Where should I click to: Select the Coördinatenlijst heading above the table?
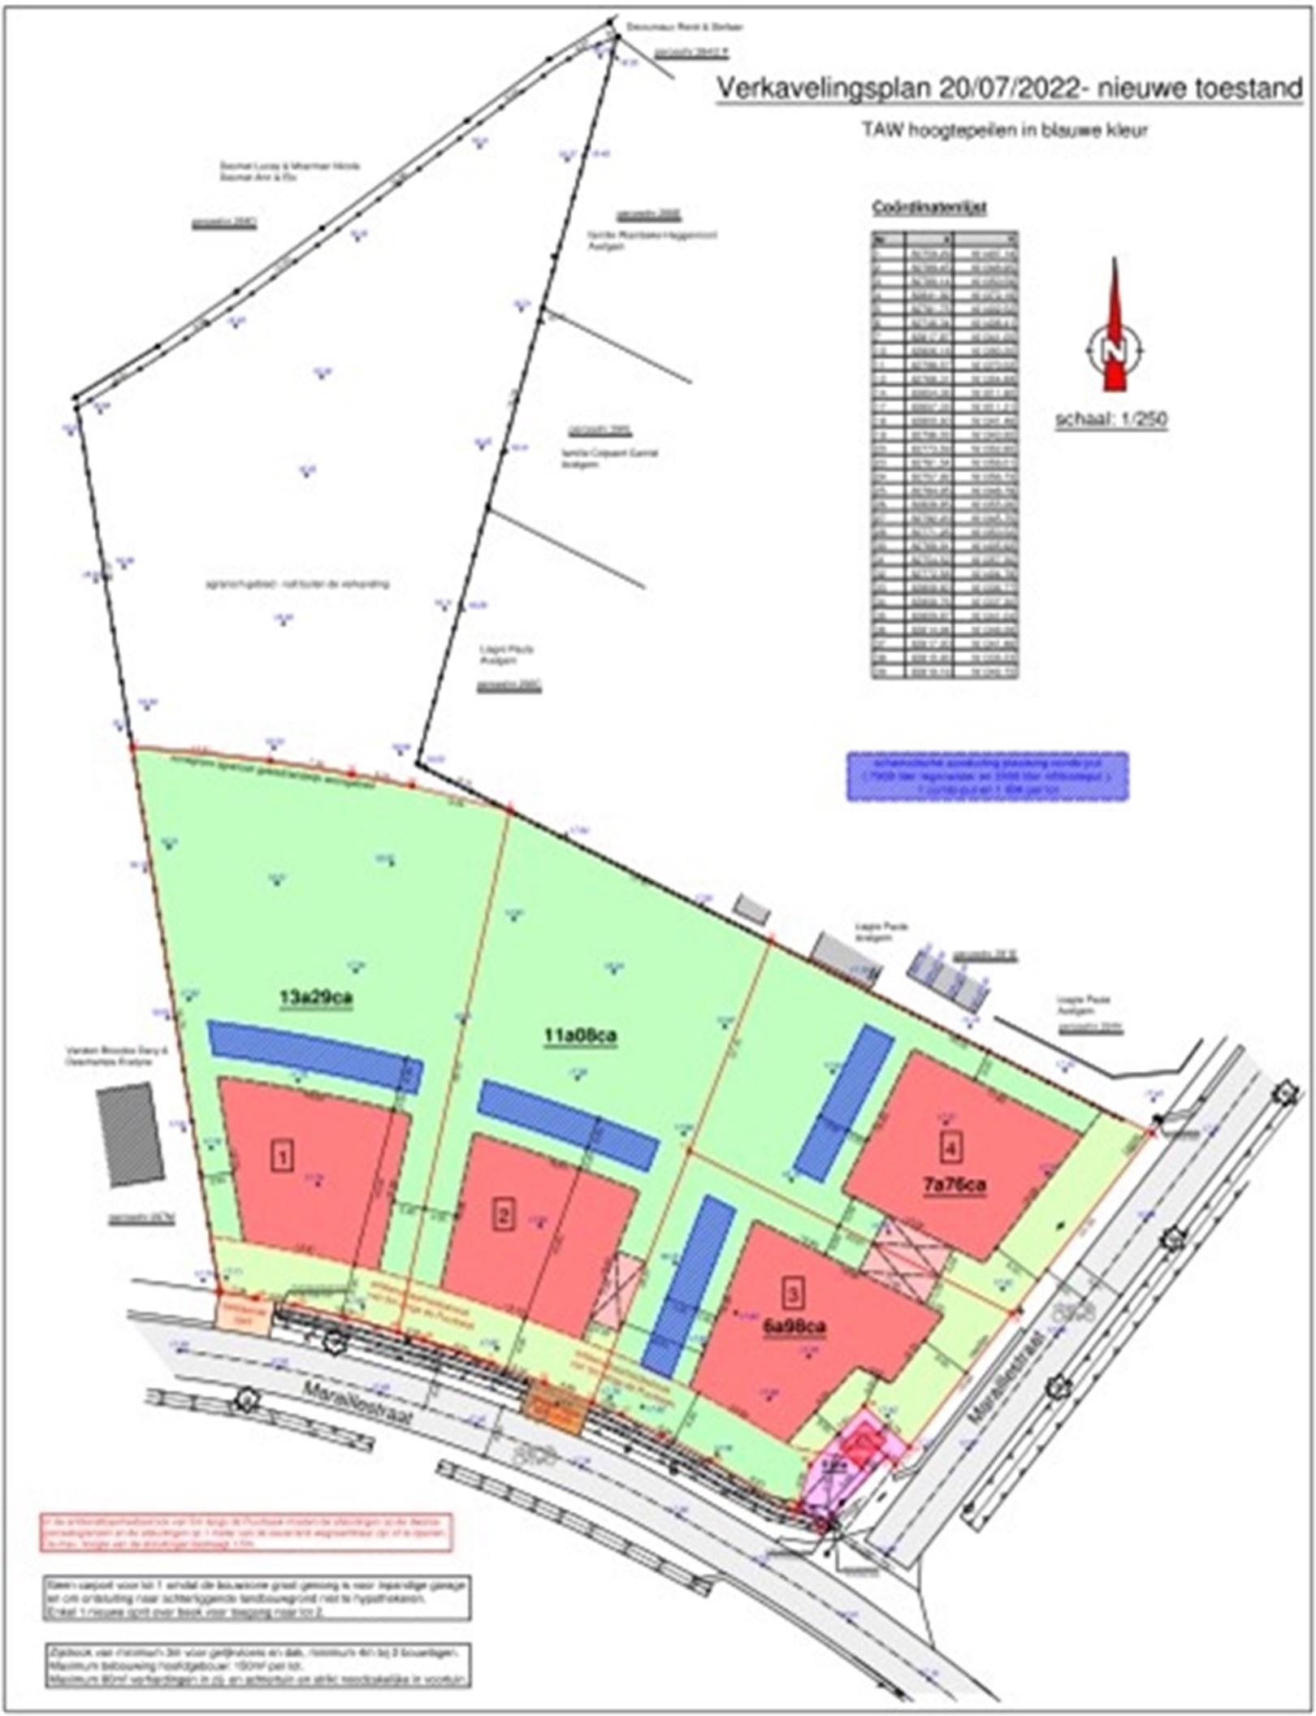coord(929,208)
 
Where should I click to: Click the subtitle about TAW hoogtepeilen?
coord(1005,131)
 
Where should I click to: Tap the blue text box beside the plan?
coord(987,776)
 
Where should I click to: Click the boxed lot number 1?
coord(283,1156)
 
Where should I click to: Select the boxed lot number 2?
coord(504,1216)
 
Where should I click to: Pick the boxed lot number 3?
coord(794,1290)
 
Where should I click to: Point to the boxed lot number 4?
coord(951,1147)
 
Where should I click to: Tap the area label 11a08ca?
coord(579,1037)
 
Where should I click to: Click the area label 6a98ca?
coord(794,1325)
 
